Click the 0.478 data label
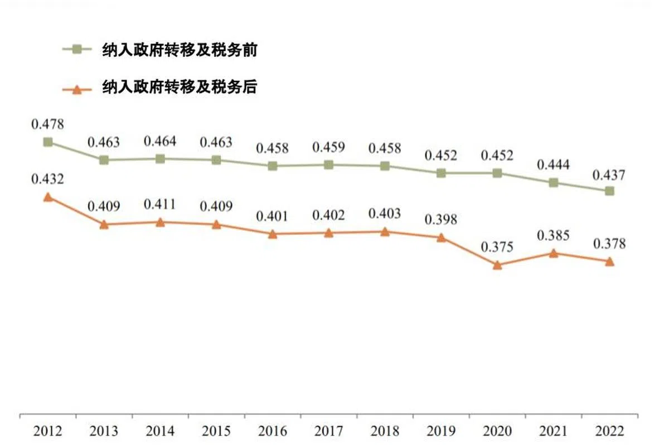48,123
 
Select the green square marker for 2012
48,142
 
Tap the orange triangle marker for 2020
497,265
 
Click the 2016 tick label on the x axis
273,431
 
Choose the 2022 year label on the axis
610,431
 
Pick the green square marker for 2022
610,191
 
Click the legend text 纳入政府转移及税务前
179,50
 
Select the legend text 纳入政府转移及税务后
179,88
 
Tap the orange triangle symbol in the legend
77,88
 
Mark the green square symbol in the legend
77,50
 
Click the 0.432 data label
48,180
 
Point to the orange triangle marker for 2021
554,253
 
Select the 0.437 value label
610,175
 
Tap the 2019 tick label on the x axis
441,431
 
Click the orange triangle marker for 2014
160,222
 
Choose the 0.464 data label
160,142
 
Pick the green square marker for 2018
385,166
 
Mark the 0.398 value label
441,220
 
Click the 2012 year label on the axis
48,431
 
